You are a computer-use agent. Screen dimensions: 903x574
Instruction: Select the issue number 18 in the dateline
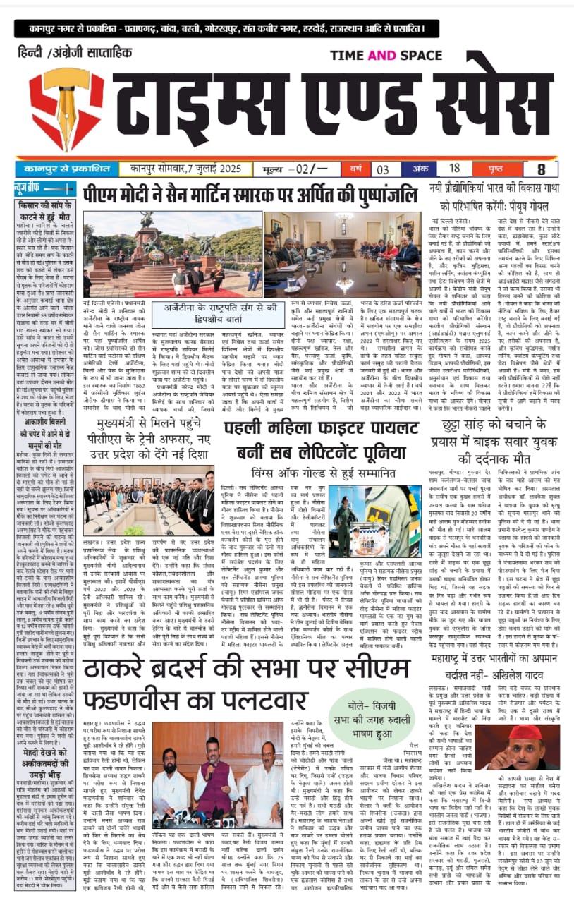click(x=455, y=169)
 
